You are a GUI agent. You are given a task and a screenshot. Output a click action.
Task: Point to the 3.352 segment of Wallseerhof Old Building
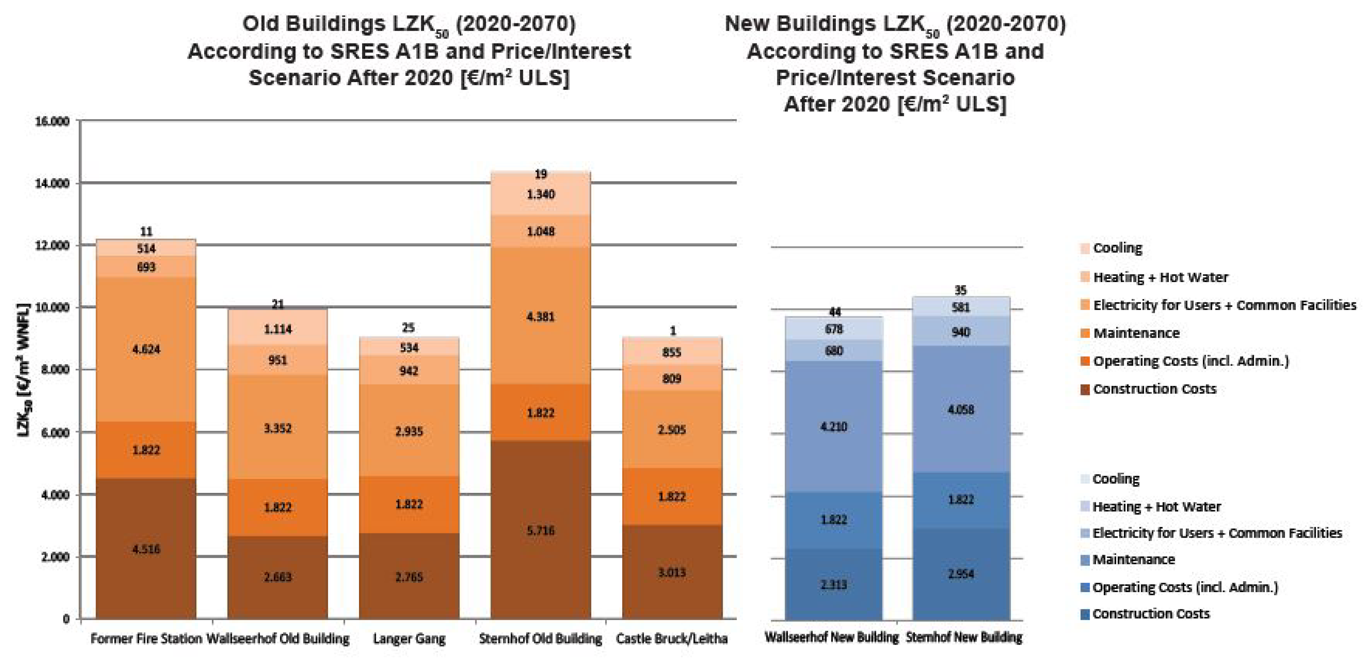(277, 428)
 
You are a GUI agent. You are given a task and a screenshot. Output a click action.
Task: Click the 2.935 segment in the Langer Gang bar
(409, 431)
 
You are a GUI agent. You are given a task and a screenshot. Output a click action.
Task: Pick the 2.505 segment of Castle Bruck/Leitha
(672, 429)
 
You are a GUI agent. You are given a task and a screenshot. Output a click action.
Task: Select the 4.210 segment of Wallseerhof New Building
(833, 426)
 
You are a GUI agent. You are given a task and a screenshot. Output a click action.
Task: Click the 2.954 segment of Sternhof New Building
(961, 573)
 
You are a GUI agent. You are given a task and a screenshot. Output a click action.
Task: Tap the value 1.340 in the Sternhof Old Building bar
(541, 194)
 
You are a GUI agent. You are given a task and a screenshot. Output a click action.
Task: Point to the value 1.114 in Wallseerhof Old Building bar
(277, 329)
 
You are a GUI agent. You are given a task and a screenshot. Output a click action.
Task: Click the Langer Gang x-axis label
(409, 638)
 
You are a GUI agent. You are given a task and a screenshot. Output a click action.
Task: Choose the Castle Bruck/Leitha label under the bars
(672, 638)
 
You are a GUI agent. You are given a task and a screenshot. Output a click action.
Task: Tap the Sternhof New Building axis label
(963, 637)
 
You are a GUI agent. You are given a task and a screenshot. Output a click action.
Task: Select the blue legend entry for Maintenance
(1134, 559)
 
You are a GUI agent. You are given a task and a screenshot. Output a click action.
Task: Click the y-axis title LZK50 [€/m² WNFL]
(23, 370)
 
